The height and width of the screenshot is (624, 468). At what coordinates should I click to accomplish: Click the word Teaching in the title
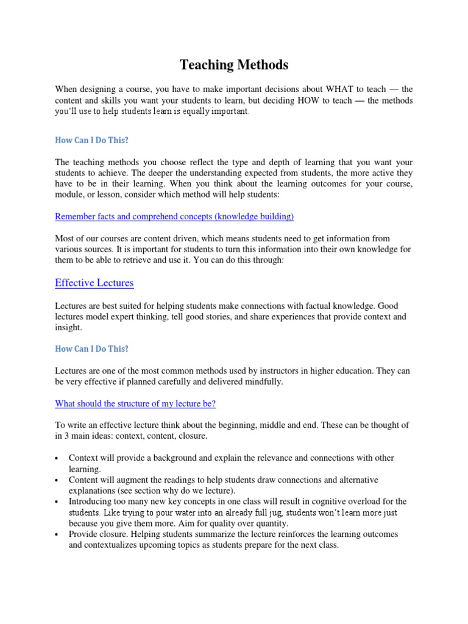tap(204, 65)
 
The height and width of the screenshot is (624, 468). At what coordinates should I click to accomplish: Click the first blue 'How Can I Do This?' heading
tap(92, 140)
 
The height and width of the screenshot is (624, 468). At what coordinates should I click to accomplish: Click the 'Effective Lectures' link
tap(94, 283)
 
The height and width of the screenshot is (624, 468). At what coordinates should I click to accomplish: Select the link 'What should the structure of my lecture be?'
tap(135, 403)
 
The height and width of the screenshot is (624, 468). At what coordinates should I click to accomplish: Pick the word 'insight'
tap(67, 328)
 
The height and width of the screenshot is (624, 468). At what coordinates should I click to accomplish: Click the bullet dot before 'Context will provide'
tap(56, 458)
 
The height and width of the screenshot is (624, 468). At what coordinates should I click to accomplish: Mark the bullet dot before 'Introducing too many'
tap(56, 502)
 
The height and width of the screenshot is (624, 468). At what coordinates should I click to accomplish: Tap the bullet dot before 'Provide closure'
tap(56, 534)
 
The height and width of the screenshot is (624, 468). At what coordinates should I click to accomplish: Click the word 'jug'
tap(268, 512)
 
